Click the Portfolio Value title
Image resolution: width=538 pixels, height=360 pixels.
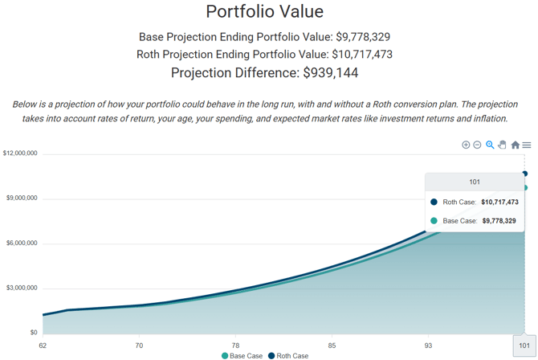coord(264,11)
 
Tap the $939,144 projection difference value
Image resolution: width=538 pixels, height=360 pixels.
coord(330,73)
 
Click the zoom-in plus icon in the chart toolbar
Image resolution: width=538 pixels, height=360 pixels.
coord(466,145)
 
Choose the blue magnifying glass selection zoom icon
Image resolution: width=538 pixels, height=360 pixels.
coord(490,145)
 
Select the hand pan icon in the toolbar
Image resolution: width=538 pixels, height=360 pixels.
coord(502,145)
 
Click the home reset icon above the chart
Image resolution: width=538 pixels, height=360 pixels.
coord(515,145)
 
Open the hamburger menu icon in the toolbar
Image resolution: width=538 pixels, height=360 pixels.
coord(527,145)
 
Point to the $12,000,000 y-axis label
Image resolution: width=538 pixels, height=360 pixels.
coord(20,153)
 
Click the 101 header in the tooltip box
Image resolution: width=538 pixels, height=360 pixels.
coord(475,182)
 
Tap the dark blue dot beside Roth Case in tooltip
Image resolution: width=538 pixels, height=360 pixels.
coord(434,202)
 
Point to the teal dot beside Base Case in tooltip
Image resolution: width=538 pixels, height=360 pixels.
coord(434,220)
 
